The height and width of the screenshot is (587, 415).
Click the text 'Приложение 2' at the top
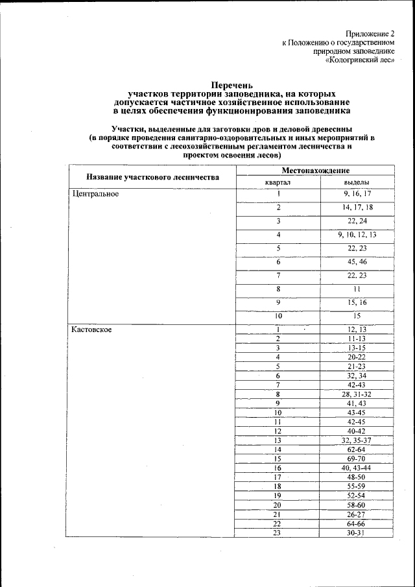[370, 32]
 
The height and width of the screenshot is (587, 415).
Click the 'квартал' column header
[278, 182]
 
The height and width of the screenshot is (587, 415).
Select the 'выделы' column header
[357, 182]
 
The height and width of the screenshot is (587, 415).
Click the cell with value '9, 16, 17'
[357, 194]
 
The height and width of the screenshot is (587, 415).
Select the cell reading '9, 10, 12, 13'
[357, 235]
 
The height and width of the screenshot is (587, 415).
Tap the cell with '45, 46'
[357, 262]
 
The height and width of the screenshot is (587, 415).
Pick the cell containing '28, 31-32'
[357, 394]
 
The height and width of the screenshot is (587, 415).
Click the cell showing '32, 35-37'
[357, 440]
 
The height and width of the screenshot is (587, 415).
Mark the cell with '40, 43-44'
[357, 468]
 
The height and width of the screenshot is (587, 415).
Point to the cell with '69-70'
[357, 459]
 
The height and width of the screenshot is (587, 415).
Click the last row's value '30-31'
[357, 533]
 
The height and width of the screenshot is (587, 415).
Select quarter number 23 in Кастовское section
[278, 533]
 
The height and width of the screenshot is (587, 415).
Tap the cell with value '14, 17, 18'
[357, 208]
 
